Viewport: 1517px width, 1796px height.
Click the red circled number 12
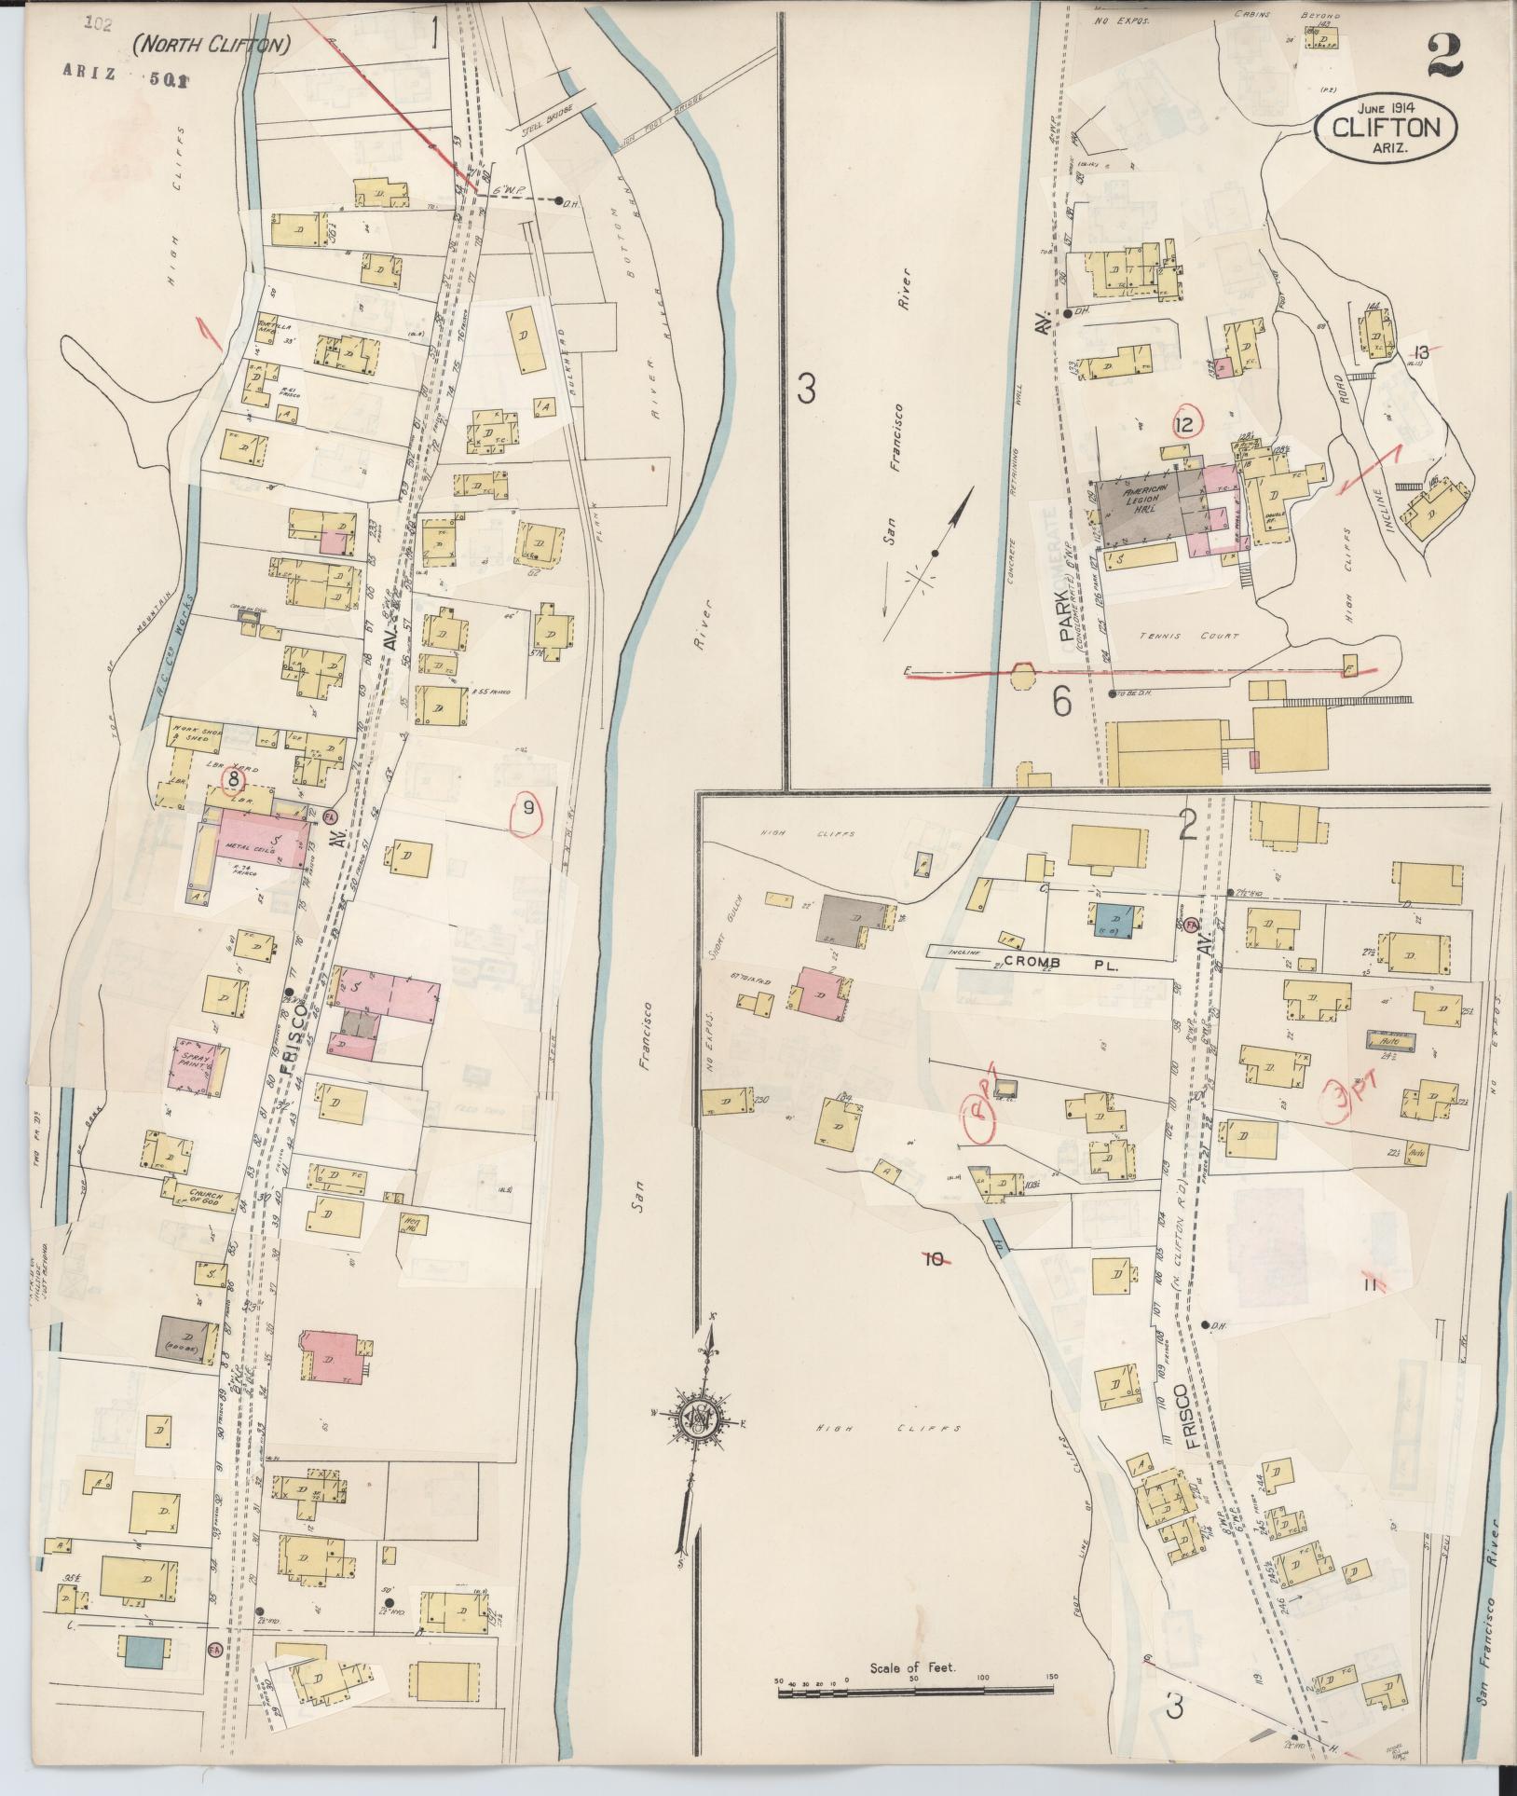[1185, 426]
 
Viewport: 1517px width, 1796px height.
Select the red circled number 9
[527, 809]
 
